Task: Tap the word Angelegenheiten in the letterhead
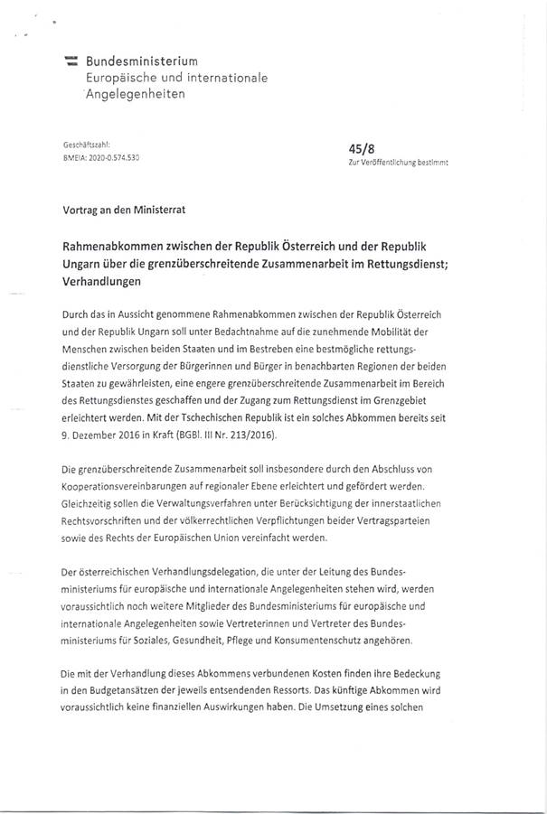coord(134,94)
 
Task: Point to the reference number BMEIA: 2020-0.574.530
coord(99,156)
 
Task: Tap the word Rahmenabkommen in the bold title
coord(117,247)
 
